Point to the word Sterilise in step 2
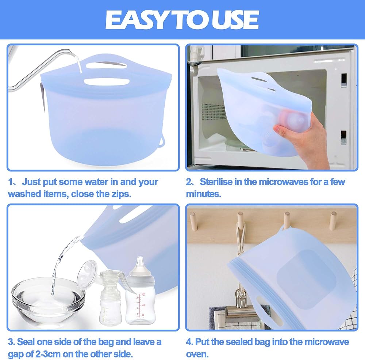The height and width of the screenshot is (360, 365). click(216, 182)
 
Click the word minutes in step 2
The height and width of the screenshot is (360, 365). click(203, 194)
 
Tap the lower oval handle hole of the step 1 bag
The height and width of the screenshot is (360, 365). click(107, 82)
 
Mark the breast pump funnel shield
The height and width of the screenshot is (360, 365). click(87, 273)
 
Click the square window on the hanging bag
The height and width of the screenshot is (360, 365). click(307, 280)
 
